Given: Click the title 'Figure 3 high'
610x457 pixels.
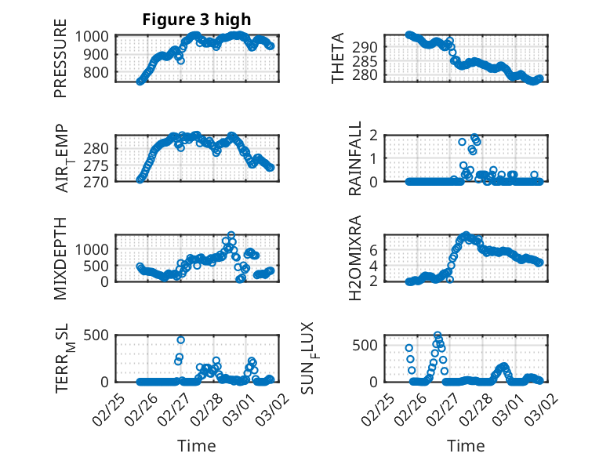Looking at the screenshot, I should tap(196, 20).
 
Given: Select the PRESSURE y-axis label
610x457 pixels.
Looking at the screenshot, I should tap(60, 63).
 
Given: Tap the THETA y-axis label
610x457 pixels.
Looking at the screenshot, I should tap(338, 59).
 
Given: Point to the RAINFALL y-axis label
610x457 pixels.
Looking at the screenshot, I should tap(355, 158).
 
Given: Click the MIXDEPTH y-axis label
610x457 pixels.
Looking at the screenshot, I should tap(60, 258).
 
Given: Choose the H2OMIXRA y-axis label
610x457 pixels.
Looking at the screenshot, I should tap(355, 258).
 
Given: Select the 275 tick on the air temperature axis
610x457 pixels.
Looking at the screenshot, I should tap(101, 165).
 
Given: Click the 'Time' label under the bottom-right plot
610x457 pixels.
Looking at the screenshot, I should tap(466, 446).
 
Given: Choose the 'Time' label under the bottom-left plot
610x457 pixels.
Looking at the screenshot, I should tap(196, 446).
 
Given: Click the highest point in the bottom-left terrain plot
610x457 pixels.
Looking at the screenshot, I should tap(181, 340).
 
